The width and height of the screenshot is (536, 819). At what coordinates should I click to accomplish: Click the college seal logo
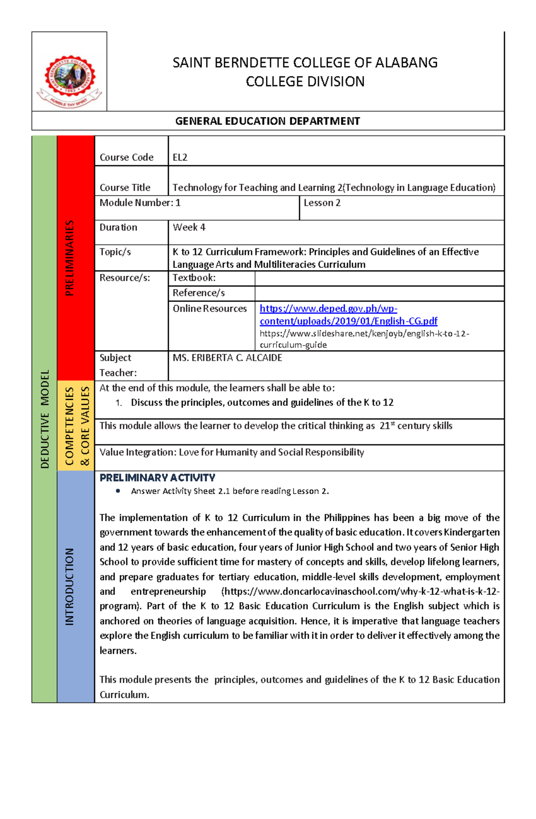[69, 80]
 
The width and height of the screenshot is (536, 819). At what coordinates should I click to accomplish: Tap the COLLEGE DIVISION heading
[305, 82]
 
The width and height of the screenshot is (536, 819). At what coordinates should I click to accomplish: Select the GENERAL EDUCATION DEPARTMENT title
[268, 121]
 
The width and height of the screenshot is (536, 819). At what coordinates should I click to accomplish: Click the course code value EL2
[180, 158]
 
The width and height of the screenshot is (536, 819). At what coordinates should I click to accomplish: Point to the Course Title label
[125, 187]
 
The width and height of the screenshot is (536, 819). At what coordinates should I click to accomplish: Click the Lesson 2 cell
[322, 203]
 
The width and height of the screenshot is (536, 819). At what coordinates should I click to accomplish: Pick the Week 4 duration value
[189, 228]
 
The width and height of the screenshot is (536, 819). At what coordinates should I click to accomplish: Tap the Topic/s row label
[115, 252]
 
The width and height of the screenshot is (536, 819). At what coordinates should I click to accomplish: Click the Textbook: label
[194, 278]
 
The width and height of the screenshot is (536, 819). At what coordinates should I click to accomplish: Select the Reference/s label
[199, 293]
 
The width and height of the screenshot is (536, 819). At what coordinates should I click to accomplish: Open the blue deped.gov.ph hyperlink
[348, 315]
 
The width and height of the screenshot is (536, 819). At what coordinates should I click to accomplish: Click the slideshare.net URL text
[364, 339]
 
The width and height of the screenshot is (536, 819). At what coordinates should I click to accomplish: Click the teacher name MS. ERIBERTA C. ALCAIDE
[227, 358]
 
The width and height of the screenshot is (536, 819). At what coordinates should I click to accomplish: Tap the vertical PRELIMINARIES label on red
[69, 258]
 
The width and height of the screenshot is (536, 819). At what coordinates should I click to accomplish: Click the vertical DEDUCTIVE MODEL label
[44, 419]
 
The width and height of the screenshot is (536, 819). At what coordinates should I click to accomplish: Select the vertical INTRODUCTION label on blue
[69, 586]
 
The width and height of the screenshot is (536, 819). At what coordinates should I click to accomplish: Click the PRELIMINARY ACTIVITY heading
[157, 478]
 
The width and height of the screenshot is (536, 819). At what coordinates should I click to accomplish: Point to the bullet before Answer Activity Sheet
[118, 491]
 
